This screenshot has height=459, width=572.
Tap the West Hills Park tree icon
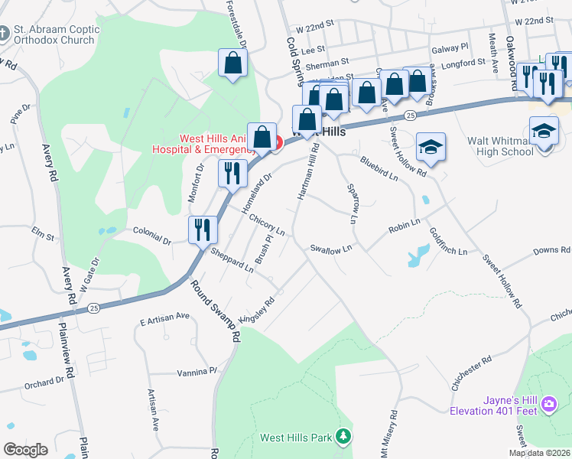tap(344, 436)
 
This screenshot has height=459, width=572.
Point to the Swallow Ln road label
tap(331, 249)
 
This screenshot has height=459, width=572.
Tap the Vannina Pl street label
tap(197, 371)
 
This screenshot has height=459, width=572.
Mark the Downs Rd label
tap(551, 250)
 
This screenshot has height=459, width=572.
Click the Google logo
tap(25, 450)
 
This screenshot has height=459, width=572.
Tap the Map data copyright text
tap(539, 453)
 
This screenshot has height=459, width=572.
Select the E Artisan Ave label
tap(164, 315)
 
